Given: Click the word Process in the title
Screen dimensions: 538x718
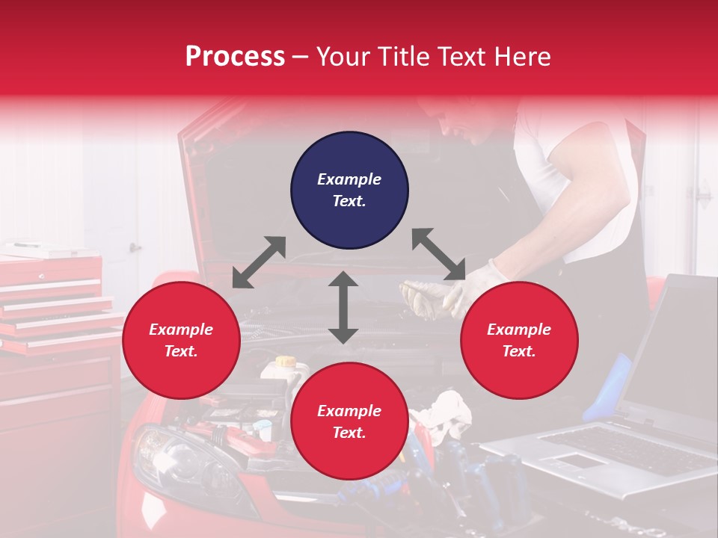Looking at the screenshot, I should coord(235,57).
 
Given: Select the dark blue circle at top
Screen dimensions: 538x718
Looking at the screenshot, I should coord(349,190).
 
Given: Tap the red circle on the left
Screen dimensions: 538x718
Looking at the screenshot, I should coord(181,340).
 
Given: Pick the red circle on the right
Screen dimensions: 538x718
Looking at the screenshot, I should coord(519,340).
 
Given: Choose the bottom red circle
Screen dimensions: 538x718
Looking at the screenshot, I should coord(349,421).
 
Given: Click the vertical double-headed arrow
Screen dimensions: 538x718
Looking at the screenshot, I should coord(343,307).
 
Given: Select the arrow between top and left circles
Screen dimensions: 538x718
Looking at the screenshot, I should coord(259,262).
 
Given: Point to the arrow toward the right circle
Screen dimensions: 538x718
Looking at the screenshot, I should coord(439,254).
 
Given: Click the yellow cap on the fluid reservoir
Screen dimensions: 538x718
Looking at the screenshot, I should coord(285,362).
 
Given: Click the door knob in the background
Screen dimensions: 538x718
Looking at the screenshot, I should coord(135,247).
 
